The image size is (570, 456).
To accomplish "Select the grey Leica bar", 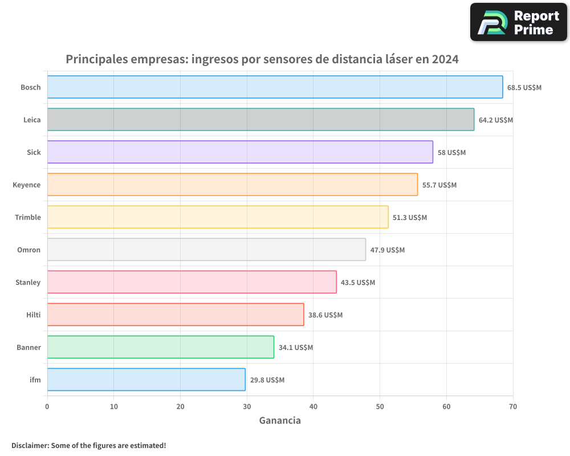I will [260, 120].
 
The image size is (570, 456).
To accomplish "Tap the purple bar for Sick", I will [240, 152].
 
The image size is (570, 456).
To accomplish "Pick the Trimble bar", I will [218, 217].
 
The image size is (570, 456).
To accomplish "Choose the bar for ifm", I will [146, 380].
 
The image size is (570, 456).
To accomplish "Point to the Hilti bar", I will [176, 315].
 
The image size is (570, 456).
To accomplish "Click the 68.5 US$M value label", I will [524, 88].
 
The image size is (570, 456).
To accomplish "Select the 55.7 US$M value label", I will [439, 185].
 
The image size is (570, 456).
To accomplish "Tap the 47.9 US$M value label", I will [388, 250].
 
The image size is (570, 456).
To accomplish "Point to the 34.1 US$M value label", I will [296, 348].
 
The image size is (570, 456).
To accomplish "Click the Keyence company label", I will [27, 185].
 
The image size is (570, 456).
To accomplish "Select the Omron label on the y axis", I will [29, 250].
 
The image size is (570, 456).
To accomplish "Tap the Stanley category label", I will [28, 282].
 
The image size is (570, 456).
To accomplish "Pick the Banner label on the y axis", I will [28, 347].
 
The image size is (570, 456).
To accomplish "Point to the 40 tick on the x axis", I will [313, 406].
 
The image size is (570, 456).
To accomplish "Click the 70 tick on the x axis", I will [513, 406].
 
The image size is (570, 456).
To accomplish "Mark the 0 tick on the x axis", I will [47, 406].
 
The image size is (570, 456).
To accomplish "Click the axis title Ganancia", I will [280, 421].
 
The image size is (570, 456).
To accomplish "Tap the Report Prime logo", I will [518, 22].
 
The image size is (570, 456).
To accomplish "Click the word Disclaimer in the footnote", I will [30, 445].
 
